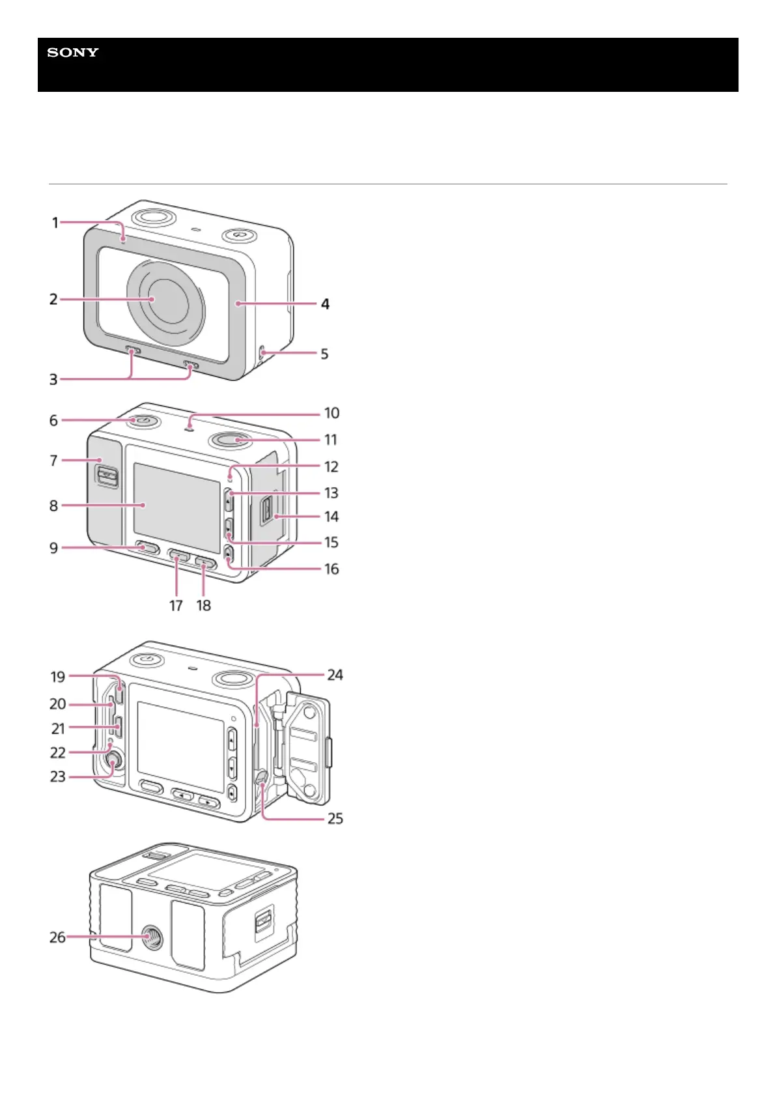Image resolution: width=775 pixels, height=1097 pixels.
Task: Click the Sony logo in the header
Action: (72, 52)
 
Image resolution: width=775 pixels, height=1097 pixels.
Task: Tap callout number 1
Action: (55, 223)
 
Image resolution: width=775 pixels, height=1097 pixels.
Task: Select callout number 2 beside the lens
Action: (53, 300)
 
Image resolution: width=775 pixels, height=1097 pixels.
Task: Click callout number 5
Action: (324, 354)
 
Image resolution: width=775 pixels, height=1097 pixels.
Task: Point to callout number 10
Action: (331, 413)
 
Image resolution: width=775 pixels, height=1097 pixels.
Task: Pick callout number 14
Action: (331, 517)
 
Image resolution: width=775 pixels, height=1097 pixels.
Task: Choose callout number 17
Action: (176, 605)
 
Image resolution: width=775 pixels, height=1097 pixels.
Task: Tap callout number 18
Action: (204, 605)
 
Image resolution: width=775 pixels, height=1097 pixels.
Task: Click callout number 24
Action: (335, 675)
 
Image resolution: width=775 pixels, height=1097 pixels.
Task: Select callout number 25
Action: (335, 818)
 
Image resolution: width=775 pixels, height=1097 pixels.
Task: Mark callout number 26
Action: (57, 937)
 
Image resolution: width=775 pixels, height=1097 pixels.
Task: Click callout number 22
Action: (57, 752)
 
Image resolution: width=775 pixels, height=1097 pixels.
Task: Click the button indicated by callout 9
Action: (147, 548)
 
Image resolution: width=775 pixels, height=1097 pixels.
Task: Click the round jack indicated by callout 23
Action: (113, 761)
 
